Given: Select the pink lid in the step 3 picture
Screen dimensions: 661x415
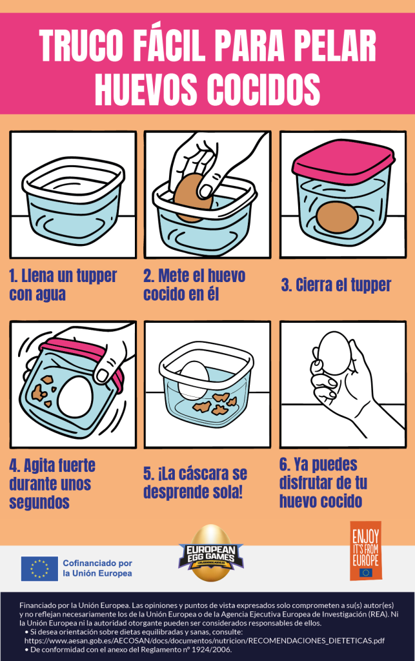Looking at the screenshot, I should coord(342,161).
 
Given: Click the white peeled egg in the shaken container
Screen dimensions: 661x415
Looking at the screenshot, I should coord(77,396).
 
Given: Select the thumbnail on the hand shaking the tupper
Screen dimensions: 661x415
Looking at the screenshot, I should coord(102,375).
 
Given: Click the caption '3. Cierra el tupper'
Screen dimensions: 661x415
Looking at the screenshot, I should coord(336,285).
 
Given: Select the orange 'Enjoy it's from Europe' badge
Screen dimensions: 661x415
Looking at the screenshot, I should coord(365,551).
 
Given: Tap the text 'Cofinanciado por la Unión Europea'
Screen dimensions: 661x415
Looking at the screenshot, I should coord(97,568).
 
